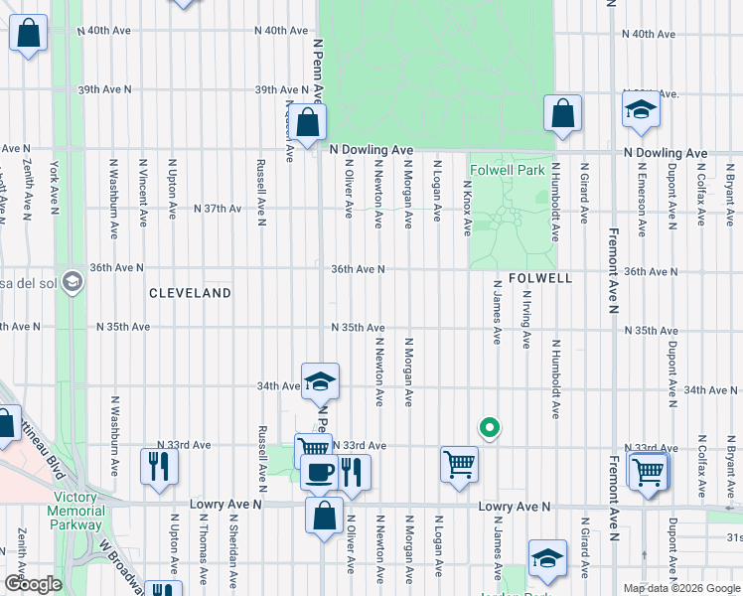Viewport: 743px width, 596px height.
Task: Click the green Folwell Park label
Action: click(507, 171)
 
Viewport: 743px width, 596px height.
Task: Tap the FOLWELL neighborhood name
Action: click(541, 279)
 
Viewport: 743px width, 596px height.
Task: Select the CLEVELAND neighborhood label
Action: click(191, 294)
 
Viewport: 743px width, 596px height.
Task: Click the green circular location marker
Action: click(489, 428)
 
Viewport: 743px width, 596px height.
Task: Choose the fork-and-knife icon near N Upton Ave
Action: click(158, 466)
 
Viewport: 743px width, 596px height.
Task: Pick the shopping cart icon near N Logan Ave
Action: click(459, 463)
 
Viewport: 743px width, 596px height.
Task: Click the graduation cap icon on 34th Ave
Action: click(321, 381)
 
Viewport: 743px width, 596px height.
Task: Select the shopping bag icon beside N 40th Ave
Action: click(30, 35)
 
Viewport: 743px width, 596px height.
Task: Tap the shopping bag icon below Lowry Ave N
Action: click(325, 516)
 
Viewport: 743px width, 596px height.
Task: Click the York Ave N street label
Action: click(56, 184)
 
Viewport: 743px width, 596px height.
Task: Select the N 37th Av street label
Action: click(217, 209)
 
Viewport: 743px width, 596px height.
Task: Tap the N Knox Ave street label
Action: click(467, 208)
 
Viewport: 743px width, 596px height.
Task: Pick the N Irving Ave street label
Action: click(525, 319)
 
